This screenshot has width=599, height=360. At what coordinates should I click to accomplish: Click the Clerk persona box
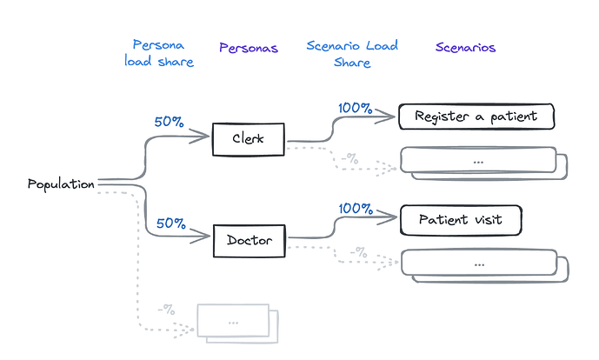coord(249,140)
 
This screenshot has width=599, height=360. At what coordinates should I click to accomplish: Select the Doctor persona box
coord(249,240)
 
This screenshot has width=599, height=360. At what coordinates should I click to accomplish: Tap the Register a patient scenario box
coord(476,117)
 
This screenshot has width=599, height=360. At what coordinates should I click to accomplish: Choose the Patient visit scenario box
coord(460,220)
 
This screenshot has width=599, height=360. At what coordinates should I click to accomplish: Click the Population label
coord(61,184)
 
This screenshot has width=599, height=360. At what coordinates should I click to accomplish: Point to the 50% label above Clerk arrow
coord(170,122)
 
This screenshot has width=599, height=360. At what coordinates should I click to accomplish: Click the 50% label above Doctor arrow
coord(171,223)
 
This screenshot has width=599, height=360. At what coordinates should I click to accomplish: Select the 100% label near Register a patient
coord(355,109)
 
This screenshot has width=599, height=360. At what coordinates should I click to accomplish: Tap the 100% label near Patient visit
coord(355,209)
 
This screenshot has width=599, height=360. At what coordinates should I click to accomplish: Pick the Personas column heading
coord(249,48)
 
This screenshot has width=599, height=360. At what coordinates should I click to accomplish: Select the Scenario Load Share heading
coord(351,53)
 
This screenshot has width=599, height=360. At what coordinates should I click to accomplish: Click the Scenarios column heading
coord(465,48)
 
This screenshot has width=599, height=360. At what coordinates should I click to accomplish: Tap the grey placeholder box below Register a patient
coord(478,161)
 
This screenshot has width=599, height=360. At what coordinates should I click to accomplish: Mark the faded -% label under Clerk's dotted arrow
coord(350,157)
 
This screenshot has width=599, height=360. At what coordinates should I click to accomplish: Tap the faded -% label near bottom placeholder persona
coord(166,309)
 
